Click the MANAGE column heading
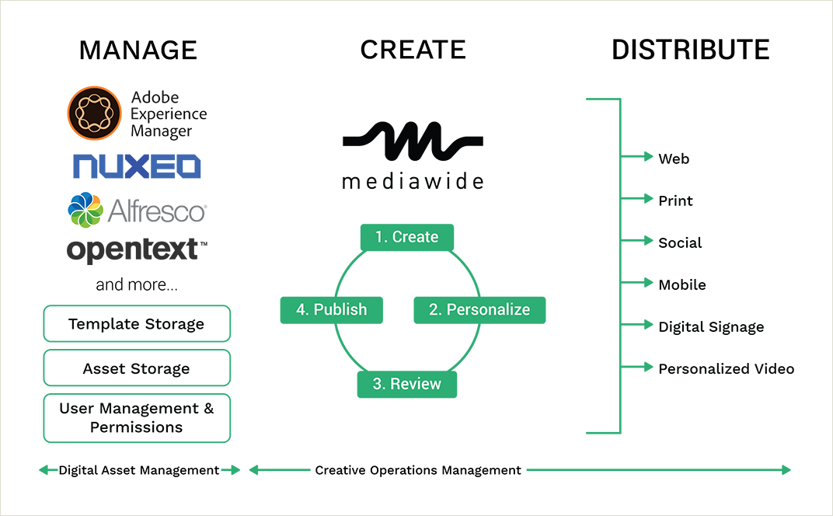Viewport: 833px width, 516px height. [x=138, y=51]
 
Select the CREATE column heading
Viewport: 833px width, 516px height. [x=413, y=50]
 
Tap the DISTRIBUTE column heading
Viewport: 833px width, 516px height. [x=690, y=50]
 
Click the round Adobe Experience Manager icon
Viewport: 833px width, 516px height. [x=95, y=113]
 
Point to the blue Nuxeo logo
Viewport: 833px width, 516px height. [x=137, y=166]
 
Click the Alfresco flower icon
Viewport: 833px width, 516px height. [x=85, y=210]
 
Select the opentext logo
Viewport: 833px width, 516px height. [x=137, y=249]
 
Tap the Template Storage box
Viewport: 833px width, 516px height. [x=137, y=324]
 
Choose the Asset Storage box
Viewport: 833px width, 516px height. [x=137, y=368]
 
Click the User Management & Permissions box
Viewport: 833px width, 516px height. [x=137, y=418]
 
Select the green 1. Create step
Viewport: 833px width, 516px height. [x=406, y=237]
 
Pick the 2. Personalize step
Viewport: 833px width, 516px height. [x=479, y=309]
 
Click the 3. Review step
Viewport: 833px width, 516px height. [x=406, y=384]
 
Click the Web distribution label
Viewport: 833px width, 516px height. [x=674, y=159]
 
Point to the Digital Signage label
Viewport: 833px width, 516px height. [x=711, y=327]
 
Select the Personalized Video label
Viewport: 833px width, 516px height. [x=726, y=369]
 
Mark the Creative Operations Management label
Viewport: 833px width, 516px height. [x=418, y=470]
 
